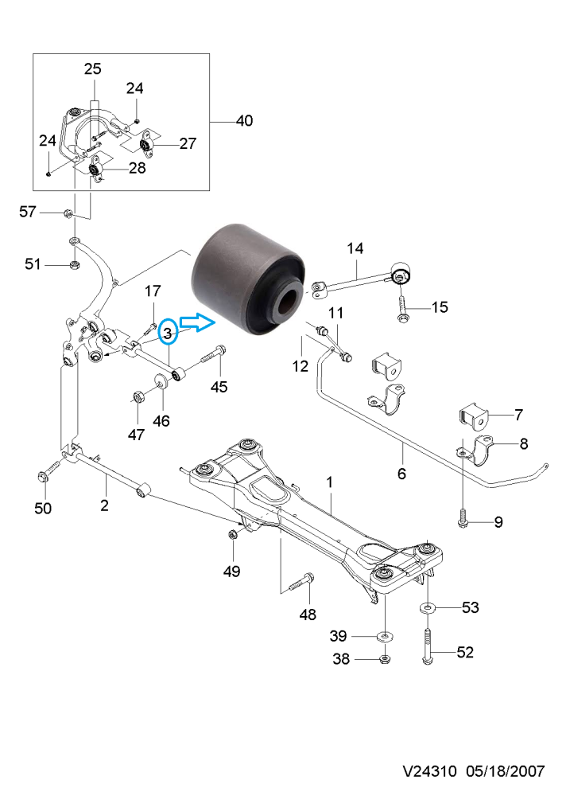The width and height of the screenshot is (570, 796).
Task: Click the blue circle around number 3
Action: click(x=169, y=331)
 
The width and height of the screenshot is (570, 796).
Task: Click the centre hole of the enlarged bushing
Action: click(x=287, y=301)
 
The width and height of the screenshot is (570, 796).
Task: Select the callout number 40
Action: click(x=244, y=122)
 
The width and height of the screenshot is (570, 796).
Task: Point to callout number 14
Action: click(x=355, y=248)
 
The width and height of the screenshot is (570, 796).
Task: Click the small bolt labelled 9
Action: click(x=462, y=519)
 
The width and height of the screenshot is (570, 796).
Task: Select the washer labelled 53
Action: click(x=428, y=609)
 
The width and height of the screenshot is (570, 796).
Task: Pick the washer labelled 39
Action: click(x=383, y=636)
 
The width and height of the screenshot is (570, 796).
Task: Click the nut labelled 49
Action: click(x=233, y=534)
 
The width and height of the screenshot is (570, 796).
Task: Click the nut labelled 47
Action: click(x=137, y=396)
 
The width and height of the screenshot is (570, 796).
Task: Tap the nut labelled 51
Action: click(x=73, y=264)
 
